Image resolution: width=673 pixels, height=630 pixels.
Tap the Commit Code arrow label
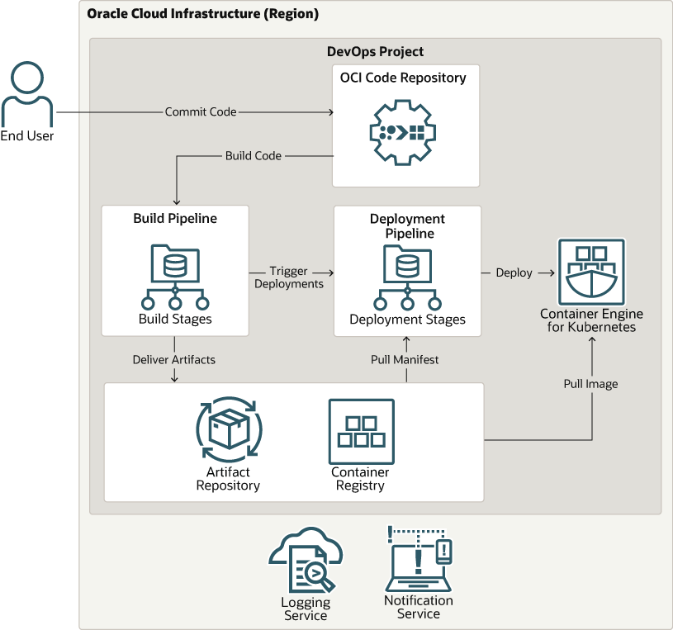point(201,111)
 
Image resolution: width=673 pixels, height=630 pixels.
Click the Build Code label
point(254,155)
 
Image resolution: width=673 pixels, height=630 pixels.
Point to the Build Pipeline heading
point(175,219)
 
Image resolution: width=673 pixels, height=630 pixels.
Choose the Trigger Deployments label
point(289,277)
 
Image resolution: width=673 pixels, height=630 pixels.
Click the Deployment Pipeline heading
point(407,226)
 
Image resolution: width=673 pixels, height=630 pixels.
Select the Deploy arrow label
point(514,272)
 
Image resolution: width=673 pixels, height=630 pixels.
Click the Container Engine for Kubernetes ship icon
point(591,271)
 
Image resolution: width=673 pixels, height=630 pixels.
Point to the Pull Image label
point(590,384)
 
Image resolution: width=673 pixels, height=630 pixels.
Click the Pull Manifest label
point(405,359)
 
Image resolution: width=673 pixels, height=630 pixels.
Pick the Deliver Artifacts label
point(174,359)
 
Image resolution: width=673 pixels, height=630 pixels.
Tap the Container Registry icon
point(361,431)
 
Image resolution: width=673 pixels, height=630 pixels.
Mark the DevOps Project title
point(375,52)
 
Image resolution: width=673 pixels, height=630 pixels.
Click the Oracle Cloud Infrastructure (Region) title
point(202,14)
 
